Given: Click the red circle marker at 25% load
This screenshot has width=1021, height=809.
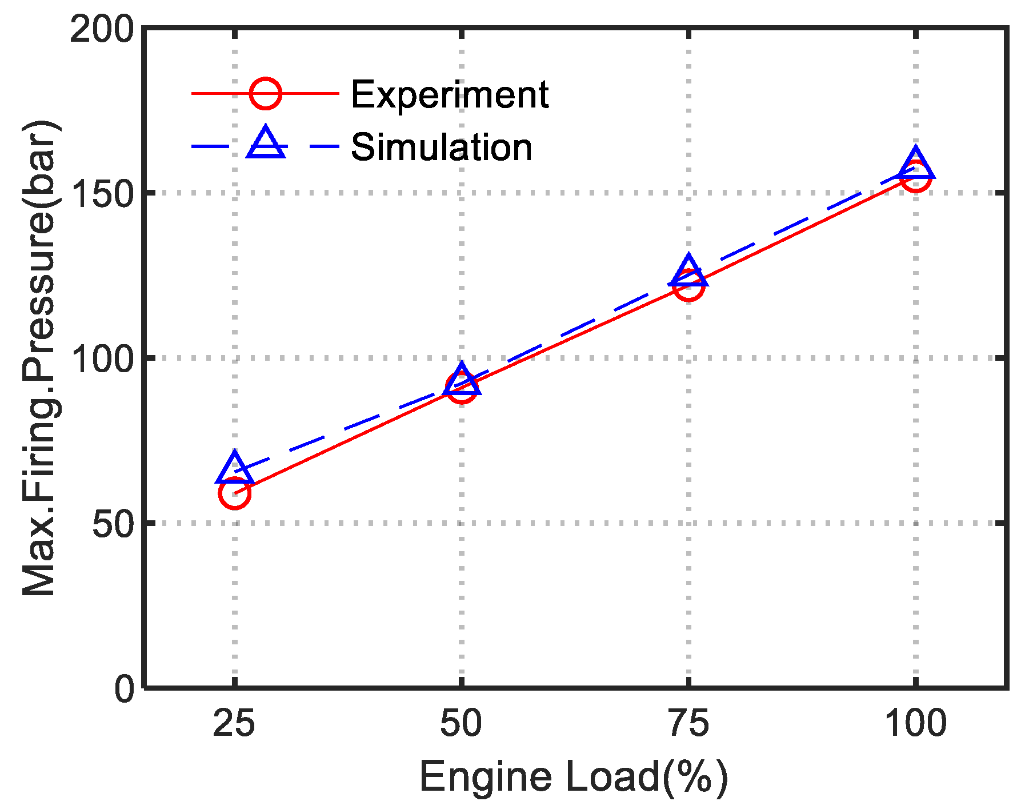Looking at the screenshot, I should point(234,493).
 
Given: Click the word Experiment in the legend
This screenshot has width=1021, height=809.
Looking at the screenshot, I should point(450,94).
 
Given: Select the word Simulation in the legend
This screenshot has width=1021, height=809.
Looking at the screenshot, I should point(441,148).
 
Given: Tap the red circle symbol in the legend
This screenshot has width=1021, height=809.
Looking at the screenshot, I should point(266,93).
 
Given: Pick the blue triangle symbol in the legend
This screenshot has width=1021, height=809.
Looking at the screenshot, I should point(266,144).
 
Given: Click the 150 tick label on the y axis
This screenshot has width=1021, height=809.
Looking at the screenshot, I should point(102,193).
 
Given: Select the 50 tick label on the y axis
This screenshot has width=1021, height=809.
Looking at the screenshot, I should point(113,523).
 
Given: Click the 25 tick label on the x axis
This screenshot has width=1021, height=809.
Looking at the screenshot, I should point(234,724).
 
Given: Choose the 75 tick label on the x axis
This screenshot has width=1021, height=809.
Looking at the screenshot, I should point(688,724).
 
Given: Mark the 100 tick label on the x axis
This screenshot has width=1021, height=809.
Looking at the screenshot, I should point(915,724).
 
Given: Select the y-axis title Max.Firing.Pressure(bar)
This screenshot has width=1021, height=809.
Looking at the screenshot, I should point(39,358).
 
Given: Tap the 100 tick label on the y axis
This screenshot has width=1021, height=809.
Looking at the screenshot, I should point(102,358).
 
